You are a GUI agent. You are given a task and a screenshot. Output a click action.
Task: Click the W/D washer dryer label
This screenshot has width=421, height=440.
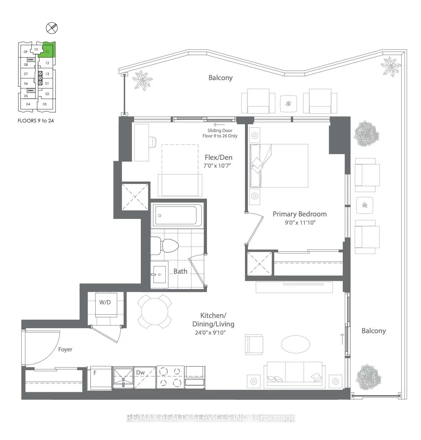[x=105, y=302]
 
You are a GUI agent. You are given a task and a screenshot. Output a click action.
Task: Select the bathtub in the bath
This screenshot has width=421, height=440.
[x=177, y=215]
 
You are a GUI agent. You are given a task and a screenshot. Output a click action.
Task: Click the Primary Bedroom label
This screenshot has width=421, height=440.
[x=299, y=214]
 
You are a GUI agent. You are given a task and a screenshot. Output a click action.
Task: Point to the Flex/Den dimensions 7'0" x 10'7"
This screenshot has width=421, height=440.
[x=217, y=166]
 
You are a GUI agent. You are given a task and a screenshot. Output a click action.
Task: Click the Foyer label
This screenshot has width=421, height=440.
[x=65, y=349]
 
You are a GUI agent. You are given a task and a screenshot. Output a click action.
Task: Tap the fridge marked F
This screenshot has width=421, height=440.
[x=100, y=378]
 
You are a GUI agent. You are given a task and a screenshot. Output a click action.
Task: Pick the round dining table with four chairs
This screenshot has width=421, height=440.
[x=154, y=312]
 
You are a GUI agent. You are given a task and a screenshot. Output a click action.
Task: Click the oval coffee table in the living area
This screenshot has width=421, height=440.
[x=295, y=344]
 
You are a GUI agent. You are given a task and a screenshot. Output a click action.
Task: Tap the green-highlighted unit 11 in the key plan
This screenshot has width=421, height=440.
[x=47, y=51]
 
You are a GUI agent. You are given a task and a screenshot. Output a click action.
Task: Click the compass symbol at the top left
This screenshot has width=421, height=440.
[x=52, y=28]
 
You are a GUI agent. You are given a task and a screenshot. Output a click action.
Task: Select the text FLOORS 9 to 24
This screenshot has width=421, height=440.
[x=36, y=121]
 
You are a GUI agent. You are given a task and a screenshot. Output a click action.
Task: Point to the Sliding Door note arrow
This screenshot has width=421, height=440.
[x=219, y=125]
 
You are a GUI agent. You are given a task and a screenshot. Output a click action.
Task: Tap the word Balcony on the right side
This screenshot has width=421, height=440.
[x=373, y=331]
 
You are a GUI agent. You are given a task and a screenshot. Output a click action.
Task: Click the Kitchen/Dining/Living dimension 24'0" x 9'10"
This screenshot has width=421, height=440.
[x=210, y=333]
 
